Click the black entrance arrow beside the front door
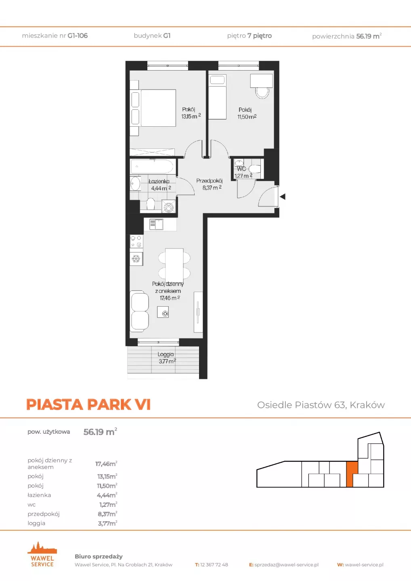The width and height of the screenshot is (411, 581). pos(283,196)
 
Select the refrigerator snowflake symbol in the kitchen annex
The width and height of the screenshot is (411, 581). pos(136,259)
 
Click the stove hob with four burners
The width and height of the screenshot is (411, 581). pos(136,241)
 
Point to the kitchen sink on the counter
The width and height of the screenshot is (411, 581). pos(157,224)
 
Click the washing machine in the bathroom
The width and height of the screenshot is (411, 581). pos(169,207)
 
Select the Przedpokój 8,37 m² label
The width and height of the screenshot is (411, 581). pos(210,184)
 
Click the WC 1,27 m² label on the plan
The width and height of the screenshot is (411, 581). pos(243,172)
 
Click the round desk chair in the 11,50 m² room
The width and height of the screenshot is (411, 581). pos(262,92)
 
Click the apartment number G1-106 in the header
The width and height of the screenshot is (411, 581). pos(78,36)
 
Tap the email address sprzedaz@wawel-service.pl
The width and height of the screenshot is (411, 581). pos(287,565)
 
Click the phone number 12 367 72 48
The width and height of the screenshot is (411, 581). pos(214,565)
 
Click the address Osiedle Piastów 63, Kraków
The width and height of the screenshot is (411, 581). pos(321,405)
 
